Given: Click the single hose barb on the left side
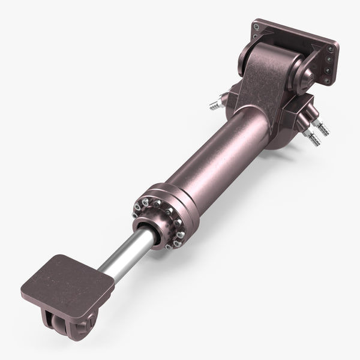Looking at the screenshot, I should (x=216, y=104).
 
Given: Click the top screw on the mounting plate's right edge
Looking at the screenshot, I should (x=329, y=49).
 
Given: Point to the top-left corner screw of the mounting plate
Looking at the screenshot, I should (x=257, y=27).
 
